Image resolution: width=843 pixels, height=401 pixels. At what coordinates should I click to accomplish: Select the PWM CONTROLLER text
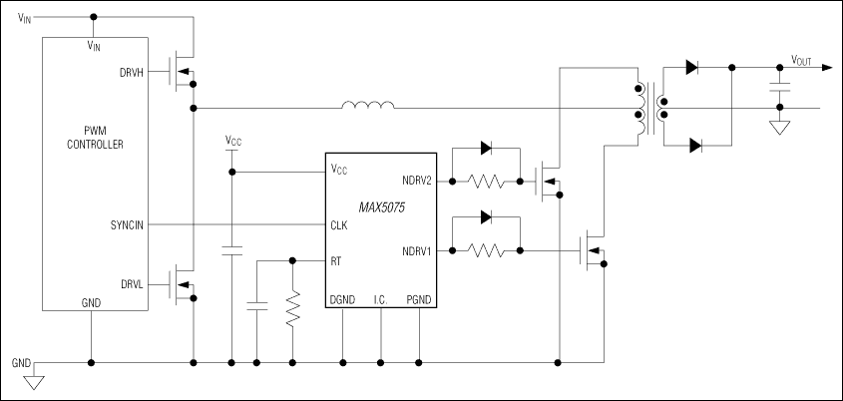[95, 137]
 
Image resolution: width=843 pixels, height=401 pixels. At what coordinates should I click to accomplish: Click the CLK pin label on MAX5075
[339, 225]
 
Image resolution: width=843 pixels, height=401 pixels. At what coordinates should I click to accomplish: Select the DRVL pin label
[133, 284]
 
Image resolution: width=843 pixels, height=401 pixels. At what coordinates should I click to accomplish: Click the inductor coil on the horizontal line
[367, 106]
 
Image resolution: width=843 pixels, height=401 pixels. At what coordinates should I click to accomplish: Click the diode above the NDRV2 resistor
[486, 148]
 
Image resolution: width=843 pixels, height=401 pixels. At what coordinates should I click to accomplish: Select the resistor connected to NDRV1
[486, 250]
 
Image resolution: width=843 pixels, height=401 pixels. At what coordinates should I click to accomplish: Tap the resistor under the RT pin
[292, 309]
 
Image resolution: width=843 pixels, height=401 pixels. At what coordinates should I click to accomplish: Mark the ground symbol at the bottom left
[36, 379]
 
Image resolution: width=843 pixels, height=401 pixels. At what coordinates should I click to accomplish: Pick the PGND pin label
[419, 299]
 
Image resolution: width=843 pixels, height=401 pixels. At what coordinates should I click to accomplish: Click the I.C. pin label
[380, 299]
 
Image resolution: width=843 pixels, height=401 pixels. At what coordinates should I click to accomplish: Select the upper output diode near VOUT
[693, 68]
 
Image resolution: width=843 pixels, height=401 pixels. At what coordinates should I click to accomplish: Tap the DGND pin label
[342, 299]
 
